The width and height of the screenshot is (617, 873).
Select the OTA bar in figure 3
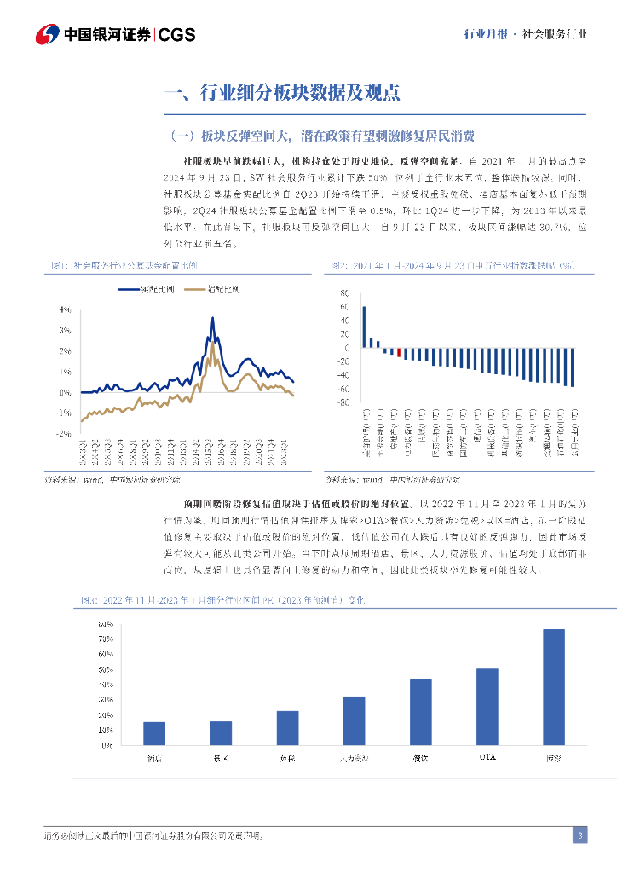click(x=487, y=707)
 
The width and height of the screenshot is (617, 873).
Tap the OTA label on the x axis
click(x=487, y=756)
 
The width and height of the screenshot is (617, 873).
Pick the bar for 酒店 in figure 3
click(x=154, y=733)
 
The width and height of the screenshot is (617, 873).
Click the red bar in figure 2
click(x=398, y=352)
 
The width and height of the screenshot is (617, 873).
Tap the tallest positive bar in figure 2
click(x=364, y=327)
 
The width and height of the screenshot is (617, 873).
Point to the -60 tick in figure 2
click(x=344, y=389)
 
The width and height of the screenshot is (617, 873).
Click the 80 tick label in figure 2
click(x=345, y=293)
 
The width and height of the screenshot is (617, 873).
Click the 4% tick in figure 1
click(x=65, y=309)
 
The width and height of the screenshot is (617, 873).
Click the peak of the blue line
click(x=212, y=317)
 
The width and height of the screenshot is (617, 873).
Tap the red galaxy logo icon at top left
click(x=47, y=34)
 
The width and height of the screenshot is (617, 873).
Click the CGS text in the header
click(x=177, y=35)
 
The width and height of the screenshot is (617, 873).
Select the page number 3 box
click(x=579, y=835)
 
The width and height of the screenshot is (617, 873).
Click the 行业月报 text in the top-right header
click(x=485, y=35)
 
